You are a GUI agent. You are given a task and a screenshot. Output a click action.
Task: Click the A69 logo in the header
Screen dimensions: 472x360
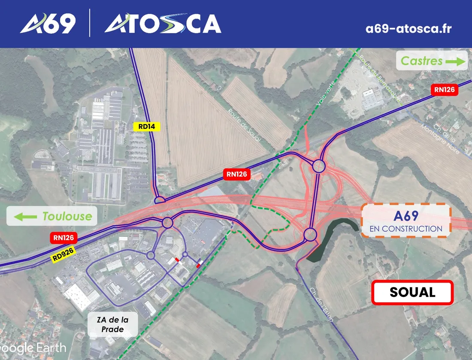[x=48, y=24]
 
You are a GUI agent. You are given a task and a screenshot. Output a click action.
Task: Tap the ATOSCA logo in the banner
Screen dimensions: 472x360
[x=163, y=24]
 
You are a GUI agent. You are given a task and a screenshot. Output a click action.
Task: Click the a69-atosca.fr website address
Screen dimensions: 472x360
[x=408, y=29]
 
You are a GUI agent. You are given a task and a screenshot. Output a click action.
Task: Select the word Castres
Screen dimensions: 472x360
[x=421, y=61]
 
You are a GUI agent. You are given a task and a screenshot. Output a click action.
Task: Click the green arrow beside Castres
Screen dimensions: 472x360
[x=456, y=61]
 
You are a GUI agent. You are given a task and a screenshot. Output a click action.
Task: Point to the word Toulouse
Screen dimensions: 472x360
[x=67, y=216]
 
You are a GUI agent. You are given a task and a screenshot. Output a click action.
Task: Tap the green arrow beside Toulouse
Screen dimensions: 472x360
[x=26, y=217]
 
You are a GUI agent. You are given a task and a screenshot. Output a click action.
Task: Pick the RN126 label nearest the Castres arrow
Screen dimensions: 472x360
[x=444, y=90]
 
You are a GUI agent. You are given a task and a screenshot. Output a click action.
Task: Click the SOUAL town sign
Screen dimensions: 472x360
[x=412, y=293]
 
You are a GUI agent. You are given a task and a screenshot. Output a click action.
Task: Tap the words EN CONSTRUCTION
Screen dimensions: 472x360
[x=405, y=229]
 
